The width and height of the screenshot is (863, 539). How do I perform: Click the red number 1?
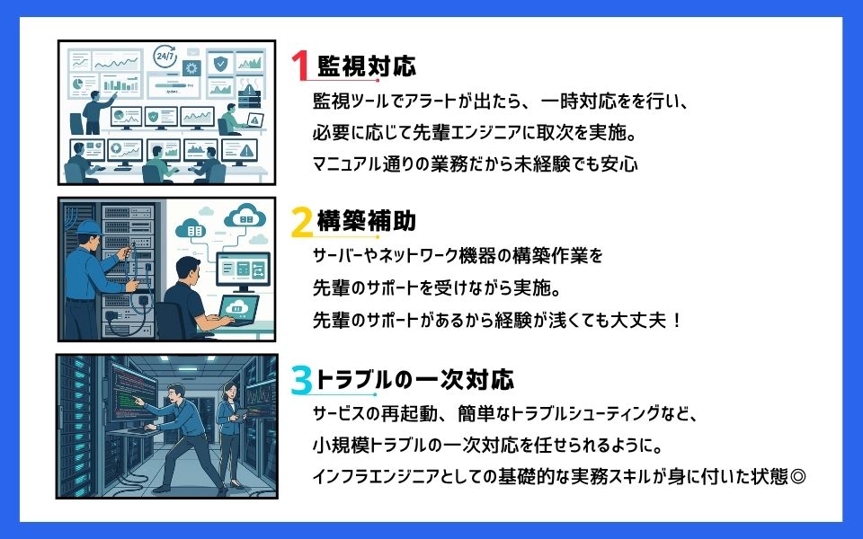click(x=300, y=67)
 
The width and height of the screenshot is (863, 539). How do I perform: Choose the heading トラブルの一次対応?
click(x=414, y=379)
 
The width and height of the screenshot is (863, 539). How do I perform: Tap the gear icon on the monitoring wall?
click(x=191, y=68)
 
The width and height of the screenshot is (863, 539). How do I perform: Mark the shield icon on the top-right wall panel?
click(x=219, y=64)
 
